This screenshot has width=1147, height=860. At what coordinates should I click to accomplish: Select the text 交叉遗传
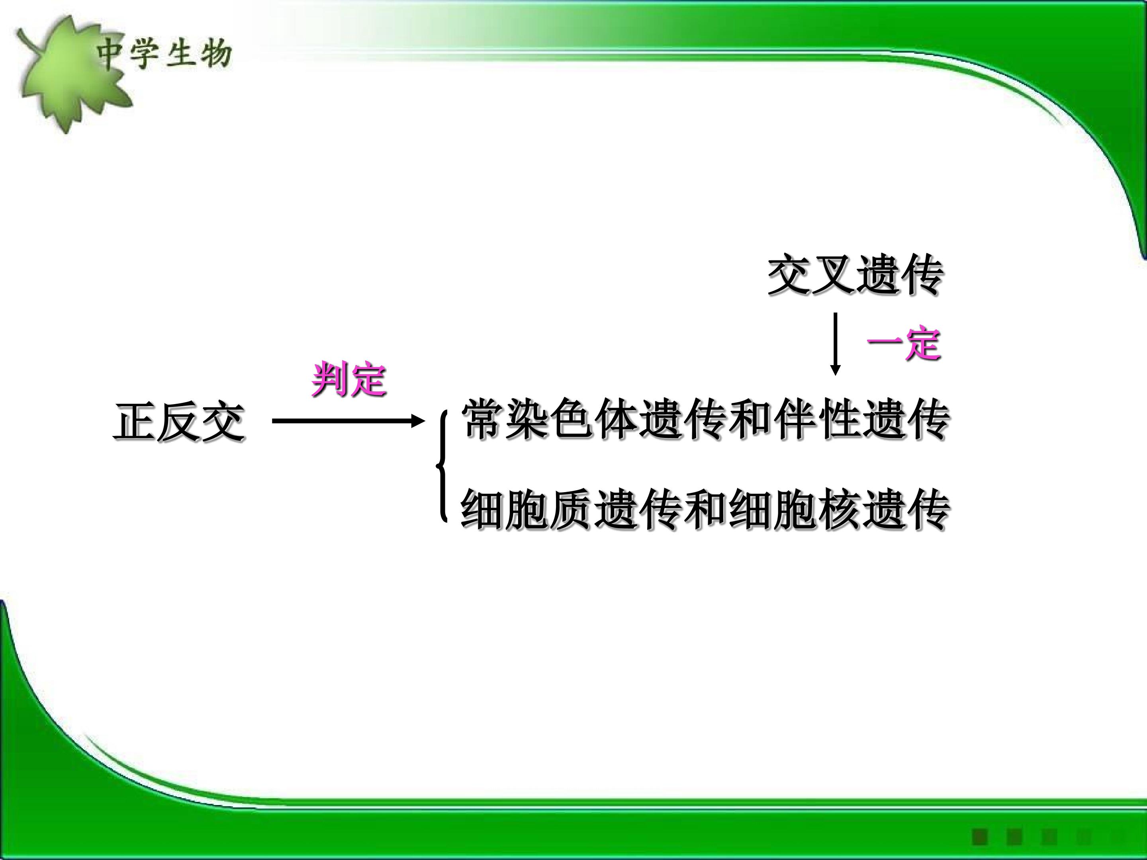pos(855,275)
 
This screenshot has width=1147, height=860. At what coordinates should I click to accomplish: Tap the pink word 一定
pos(903,343)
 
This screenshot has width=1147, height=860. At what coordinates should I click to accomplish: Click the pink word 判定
pos(349,379)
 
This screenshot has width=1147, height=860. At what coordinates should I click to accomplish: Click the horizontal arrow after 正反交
pos(348,421)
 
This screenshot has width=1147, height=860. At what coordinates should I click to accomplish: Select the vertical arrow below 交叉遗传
pos(835,343)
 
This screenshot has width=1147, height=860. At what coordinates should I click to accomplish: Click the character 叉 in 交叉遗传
pos(833,275)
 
